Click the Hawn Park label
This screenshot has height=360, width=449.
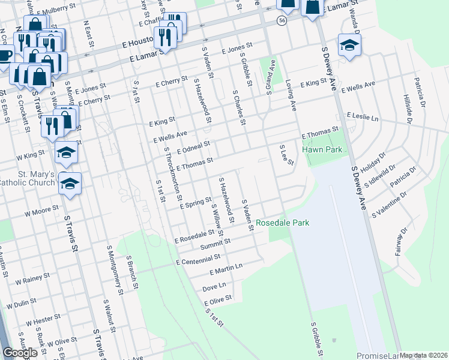click(x=325, y=149)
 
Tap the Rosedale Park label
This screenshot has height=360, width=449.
click(x=282, y=223)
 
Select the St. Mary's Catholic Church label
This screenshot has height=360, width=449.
click(x=28, y=178)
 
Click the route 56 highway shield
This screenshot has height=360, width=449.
click(x=282, y=21)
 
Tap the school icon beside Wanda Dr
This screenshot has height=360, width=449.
click(x=349, y=45)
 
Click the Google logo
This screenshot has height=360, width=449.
click(x=20, y=353)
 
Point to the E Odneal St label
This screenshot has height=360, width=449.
click(x=193, y=148)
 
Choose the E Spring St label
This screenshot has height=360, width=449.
click(x=196, y=203)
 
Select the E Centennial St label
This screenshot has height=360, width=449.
click(x=198, y=260)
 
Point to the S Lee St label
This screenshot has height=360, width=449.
click(x=287, y=155)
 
